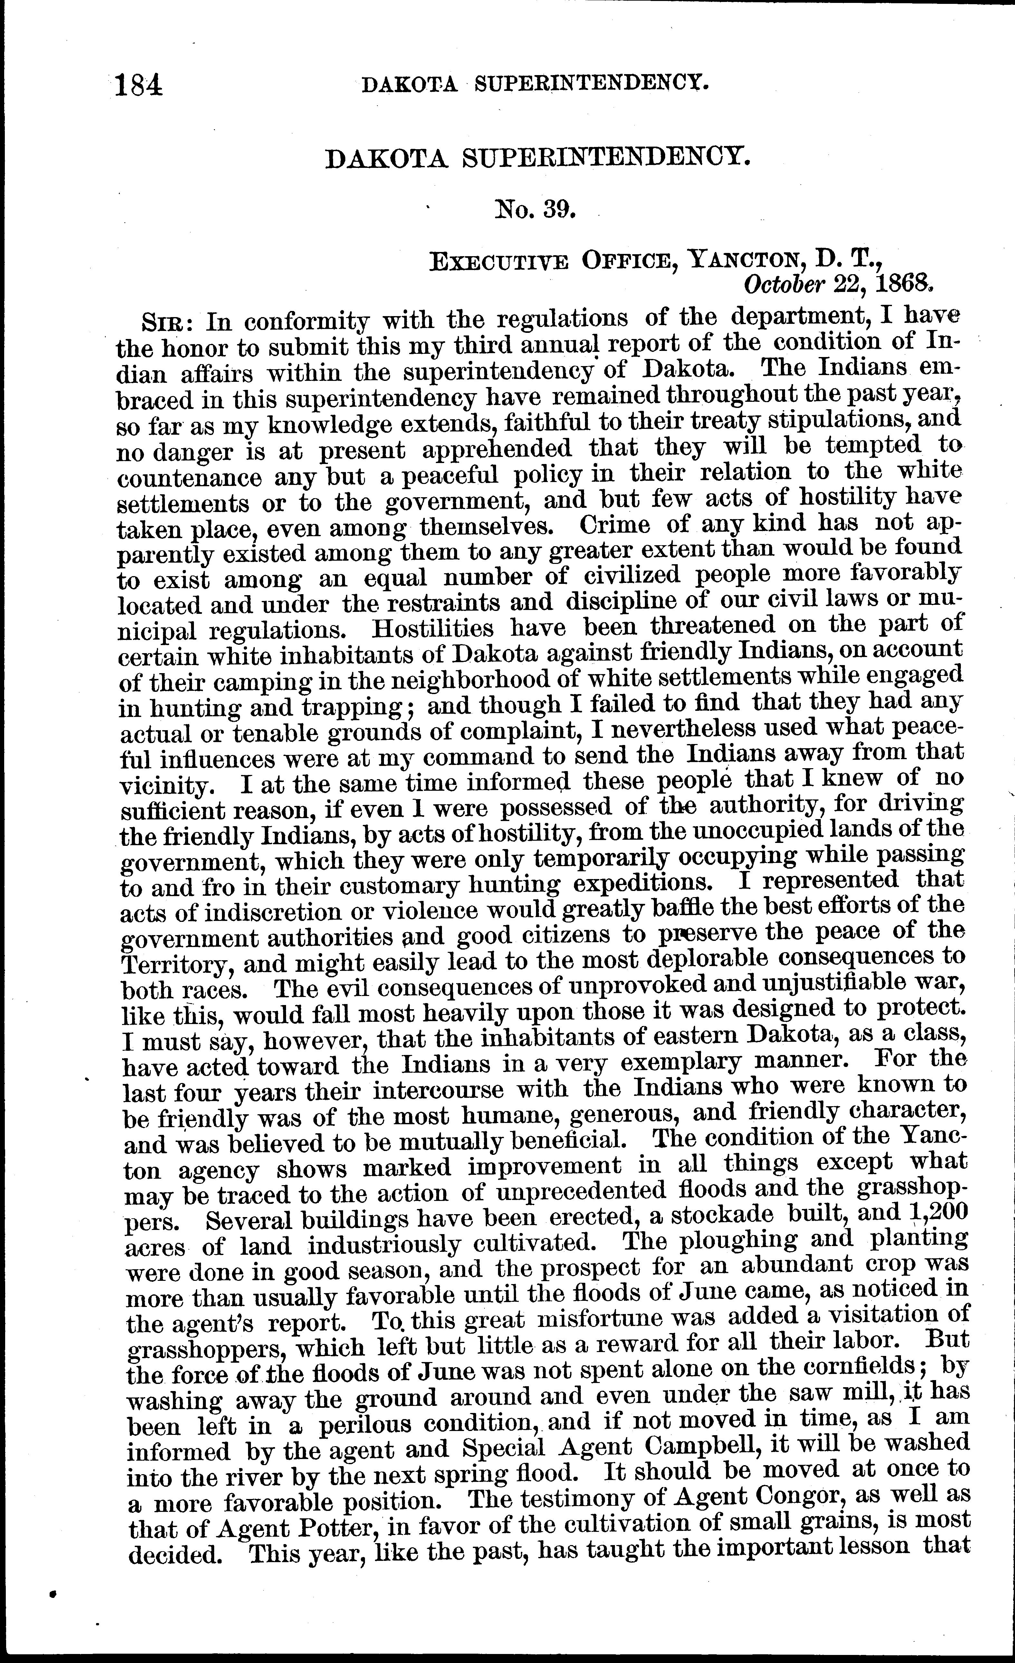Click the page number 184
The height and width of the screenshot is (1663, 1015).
pyautogui.click(x=139, y=86)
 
